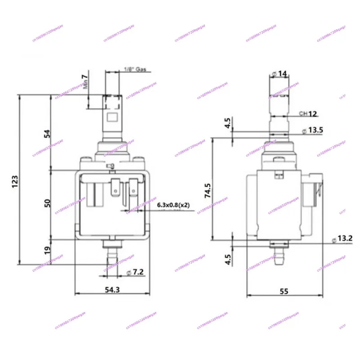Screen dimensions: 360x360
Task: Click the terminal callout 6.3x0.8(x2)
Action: (x=174, y=205)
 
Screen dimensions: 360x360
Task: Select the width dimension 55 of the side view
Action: (x=283, y=291)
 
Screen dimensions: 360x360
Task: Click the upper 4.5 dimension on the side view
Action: (x=227, y=122)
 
